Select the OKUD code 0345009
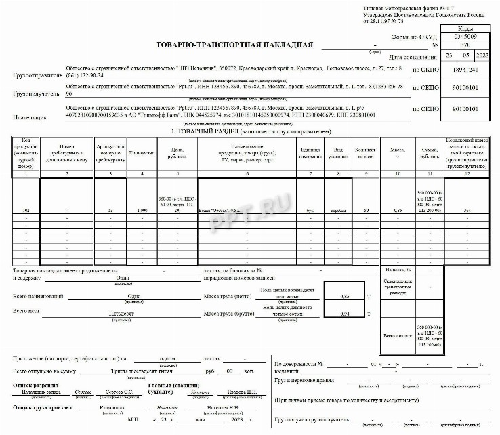(x=464, y=37)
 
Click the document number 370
(x=464, y=45)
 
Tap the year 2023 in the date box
(x=482, y=55)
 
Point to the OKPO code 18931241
(x=464, y=70)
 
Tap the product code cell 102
(x=26, y=211)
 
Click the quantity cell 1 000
(x=142, y=211)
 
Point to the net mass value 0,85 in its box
(x=345, y=297)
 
